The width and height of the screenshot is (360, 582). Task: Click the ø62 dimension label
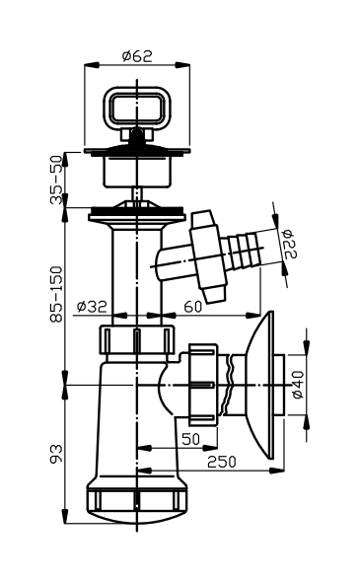[x=137, y=56]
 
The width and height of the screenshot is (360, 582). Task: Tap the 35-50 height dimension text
[x=56, y=180]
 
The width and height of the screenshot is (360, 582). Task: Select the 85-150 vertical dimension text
[x=56, y=294]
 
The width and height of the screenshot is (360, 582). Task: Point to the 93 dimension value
[x=56, y=454]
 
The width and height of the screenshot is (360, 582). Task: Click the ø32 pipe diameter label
[x=92, y=306]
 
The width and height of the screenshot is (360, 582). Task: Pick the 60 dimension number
[x=193, y=307]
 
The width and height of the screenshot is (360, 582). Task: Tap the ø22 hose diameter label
[x=290, y=244]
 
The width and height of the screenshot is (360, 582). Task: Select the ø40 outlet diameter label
[x=298, y=385]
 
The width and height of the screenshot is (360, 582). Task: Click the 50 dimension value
[x=190, y=439]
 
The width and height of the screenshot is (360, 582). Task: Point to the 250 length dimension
[x=222, y=462]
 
